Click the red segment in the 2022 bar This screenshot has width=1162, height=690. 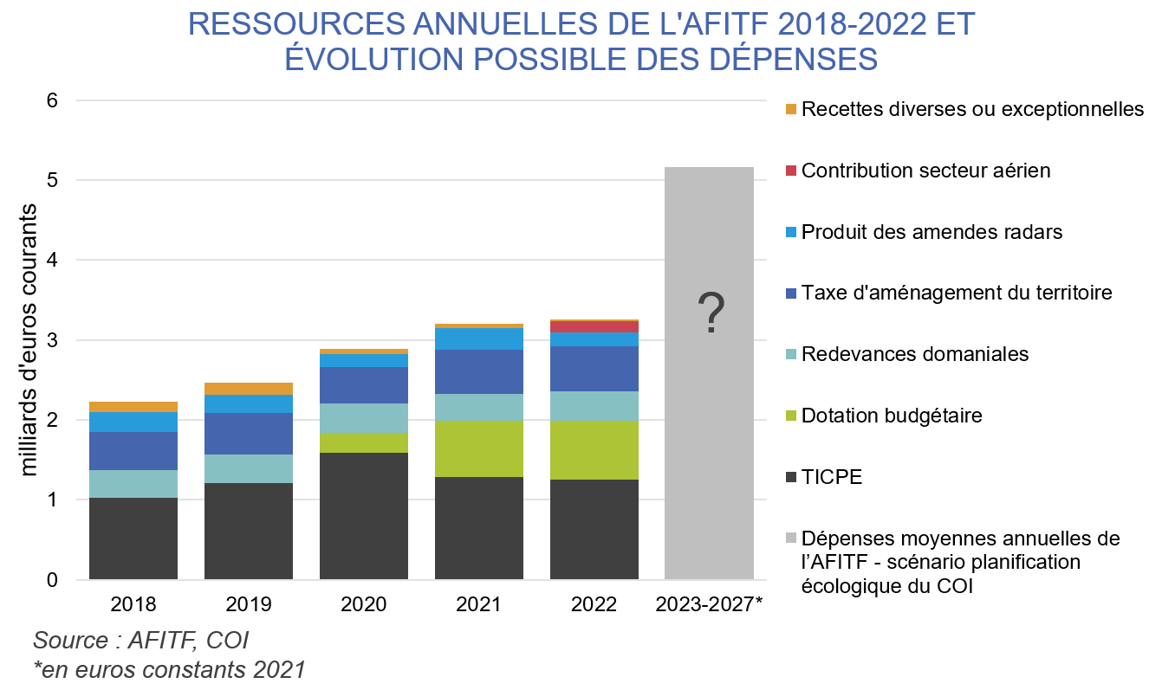(594, 326)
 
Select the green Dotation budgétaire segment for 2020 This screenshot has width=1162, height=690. (364, 442)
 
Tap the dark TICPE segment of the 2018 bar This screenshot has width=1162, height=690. (133, 538)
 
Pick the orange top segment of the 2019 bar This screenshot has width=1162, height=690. (249, 389)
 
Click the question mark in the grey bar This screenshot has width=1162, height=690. (710, 314)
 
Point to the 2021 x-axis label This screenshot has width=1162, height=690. (478, 604)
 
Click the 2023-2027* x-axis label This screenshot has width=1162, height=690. (710, 604)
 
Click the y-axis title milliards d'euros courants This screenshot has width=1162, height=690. (29, 339)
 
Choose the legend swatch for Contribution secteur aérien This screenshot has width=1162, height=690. (790, 171)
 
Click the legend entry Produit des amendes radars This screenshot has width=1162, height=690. (932, 232)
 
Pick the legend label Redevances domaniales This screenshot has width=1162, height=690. (915, 354)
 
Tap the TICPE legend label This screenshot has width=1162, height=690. (832, 477)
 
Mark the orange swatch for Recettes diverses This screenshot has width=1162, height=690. (790, 109)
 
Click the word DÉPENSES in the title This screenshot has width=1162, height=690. (789, 58)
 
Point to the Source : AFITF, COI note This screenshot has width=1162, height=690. (140, 641)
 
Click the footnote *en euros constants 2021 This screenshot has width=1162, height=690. (169, 669)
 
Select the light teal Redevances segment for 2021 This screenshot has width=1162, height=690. (478, 407)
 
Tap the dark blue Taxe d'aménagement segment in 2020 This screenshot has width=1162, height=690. (364, 385)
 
